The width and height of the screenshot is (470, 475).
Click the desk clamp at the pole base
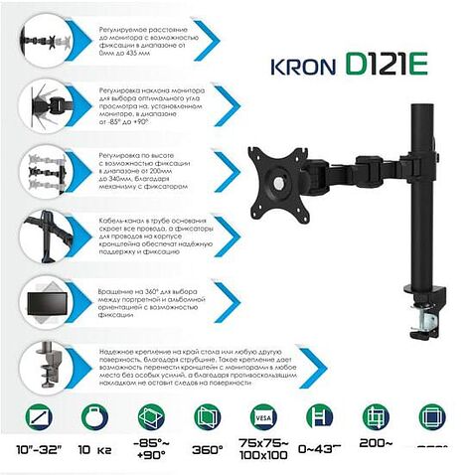click(x=428, y=300)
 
